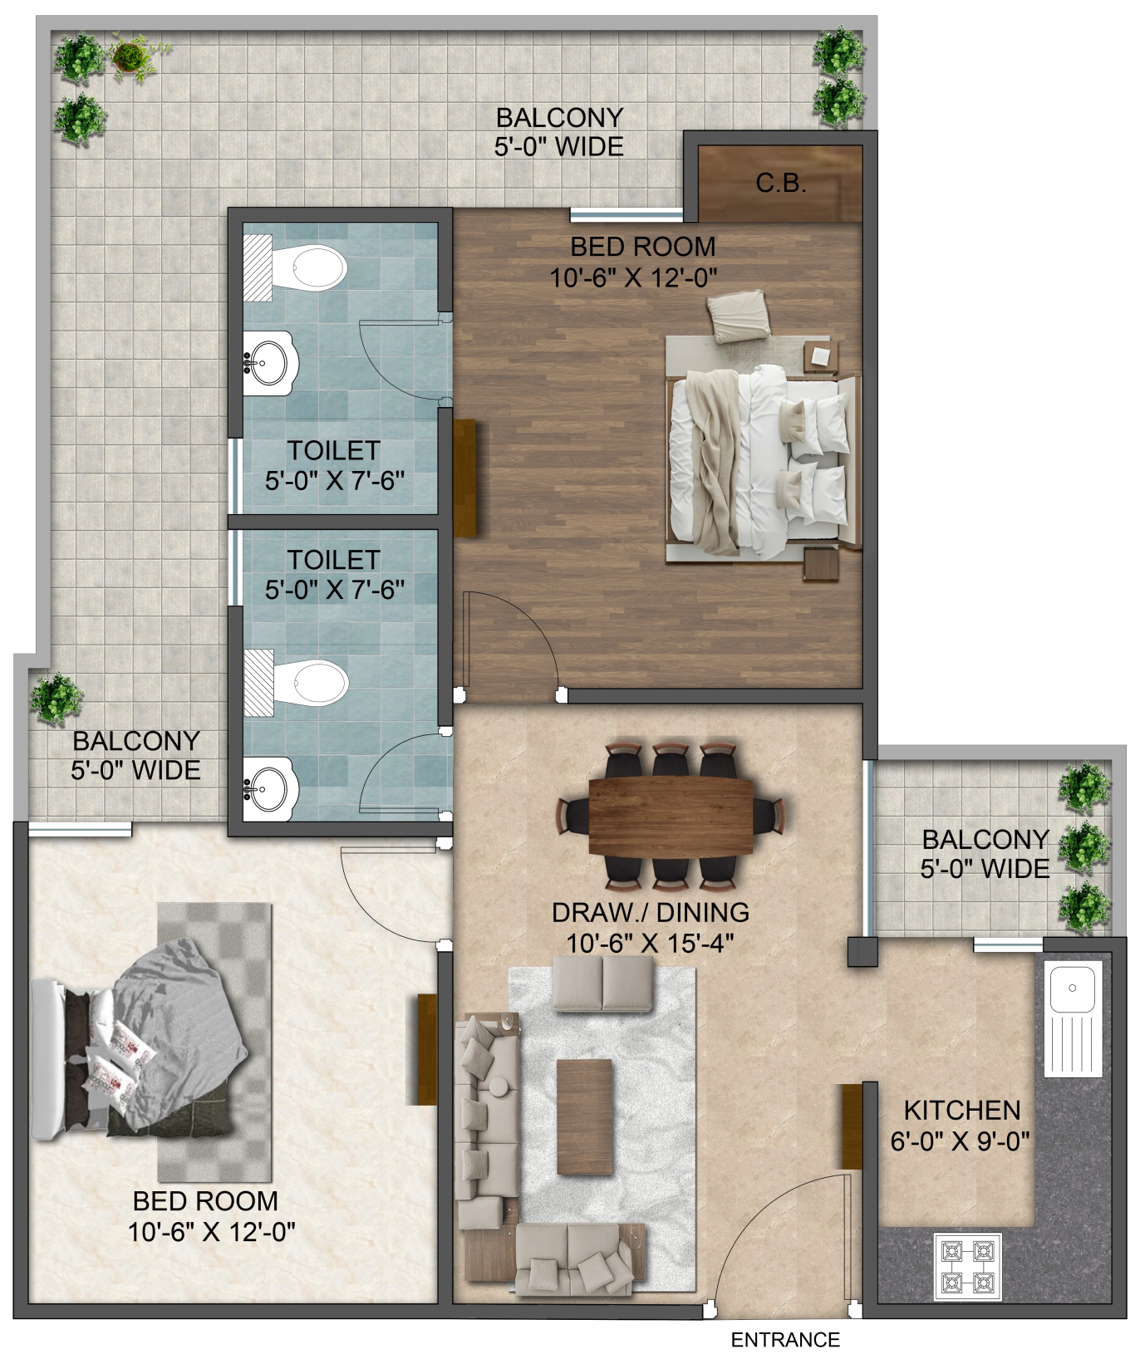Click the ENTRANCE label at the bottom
pyautogui.click(x=785, y=1339)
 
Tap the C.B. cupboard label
pyautogui.click(x=781, y=184)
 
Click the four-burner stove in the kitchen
pyautogui.click(x=968, y=1265)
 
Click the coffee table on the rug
pyautogui.click(x=584, y=1116)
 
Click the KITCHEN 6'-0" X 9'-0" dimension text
pyautogui.click(x=961, y=1126)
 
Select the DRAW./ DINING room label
pyautogui.click(x=651, y=912)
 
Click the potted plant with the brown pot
pyautogui.click(x=130, y=56)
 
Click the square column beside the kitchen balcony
pyautogui.click(x=862, y=951)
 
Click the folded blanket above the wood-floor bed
pyautogui.click(x=738, y=316)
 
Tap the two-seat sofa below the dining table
pyautogui.click(x=603, y=983)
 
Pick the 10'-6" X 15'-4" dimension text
pyautogui.click(x=651, y=944)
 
